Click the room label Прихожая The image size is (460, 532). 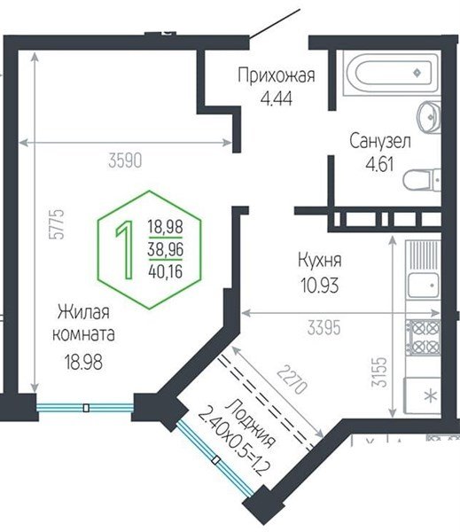click(276, 75)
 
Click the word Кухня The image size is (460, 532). click(320, 262)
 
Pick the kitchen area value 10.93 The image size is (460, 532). click(320, 286)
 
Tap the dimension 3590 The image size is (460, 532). click(126, 160)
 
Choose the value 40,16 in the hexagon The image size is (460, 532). click(165, 270)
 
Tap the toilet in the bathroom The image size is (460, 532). click(423, 180)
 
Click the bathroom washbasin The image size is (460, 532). click(428, 113)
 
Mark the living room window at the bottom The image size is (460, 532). click(85, 408)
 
